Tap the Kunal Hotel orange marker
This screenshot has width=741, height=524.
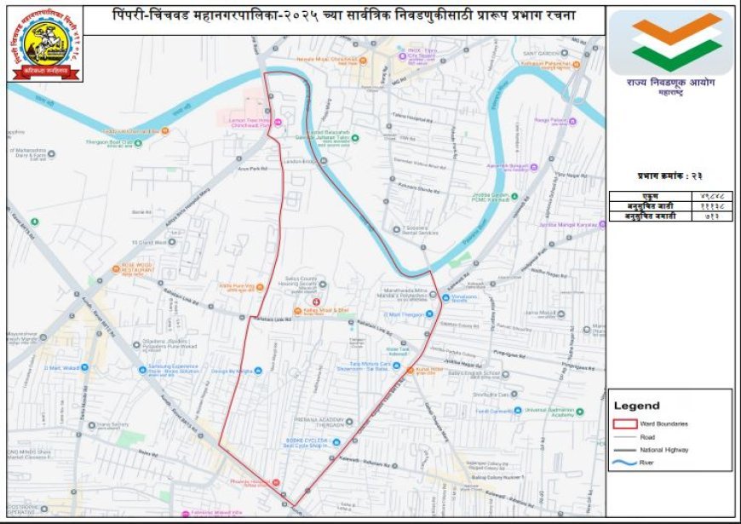[x=410, y=370]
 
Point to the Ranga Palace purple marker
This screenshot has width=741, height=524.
[x=572, y=121]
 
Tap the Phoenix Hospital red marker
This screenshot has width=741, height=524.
[x=276, y=483]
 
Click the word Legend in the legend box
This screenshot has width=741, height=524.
[x=636, y=406]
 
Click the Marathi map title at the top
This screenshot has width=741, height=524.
[x=345, y=18]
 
